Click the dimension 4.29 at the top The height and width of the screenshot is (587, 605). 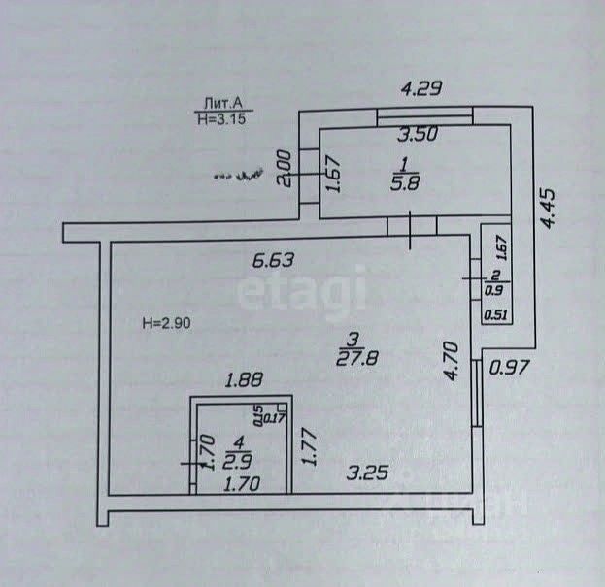(x=422, y=88)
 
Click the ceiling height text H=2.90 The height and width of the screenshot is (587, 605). (x=173, y=323)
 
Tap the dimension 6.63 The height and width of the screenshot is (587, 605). (x=273, y=260)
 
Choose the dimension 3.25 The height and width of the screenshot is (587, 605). (x=369, y=473)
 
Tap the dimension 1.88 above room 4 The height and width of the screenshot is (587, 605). (x=245, y=382)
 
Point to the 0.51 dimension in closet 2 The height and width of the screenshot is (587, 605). (x=495, y=313)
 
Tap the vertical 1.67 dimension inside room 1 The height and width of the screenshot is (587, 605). (x=331, y=176)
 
